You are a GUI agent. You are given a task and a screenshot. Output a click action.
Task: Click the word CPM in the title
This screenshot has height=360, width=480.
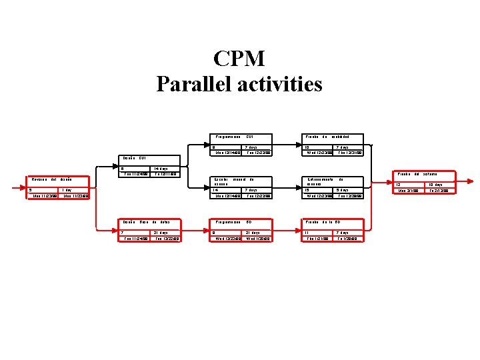point(239,59)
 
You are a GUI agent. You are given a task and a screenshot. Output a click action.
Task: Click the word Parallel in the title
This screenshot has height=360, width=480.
point(189,85)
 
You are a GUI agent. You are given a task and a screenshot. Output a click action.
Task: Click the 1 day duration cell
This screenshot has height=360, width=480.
point(67,190)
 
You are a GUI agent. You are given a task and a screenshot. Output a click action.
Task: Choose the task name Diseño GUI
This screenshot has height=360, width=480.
point(133,158)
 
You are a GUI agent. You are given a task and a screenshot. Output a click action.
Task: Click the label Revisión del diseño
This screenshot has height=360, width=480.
point(51,179)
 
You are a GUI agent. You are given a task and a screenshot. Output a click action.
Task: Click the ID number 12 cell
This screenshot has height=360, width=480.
point(399,185)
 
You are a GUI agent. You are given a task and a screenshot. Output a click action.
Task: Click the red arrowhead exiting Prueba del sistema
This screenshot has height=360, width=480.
point(473,181)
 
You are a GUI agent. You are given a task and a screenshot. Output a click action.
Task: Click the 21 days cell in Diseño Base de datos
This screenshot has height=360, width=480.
point(161,233)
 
